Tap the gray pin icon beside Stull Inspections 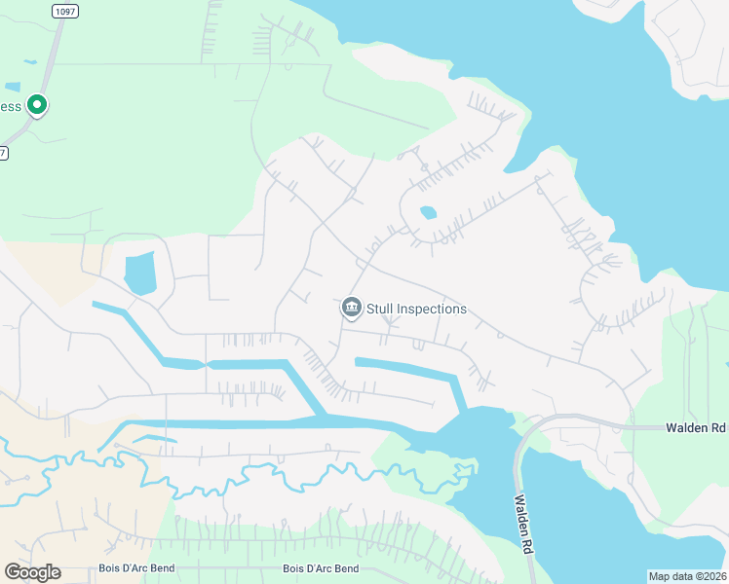(x=351, y=308)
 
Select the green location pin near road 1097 (x=37, y=104)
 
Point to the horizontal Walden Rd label (x=696, y=428)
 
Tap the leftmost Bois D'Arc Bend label (x=135, y=568)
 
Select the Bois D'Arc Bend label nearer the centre (x=321, y=568)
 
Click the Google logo (x=32, y=572)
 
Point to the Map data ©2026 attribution (x=687, y=576)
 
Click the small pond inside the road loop (x=427, y=212)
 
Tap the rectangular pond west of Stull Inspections (x=139, y=273)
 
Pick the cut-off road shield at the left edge (x=3, y=153)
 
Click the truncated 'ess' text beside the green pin (x=10, y=105)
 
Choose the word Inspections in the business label (x=430, y=310)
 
